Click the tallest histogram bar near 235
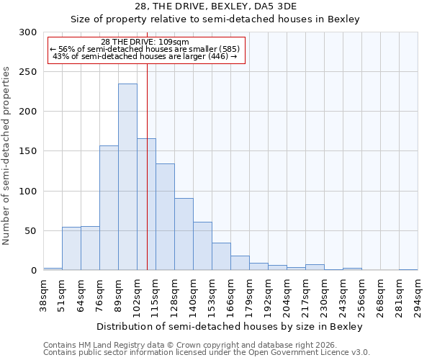click(127, 177)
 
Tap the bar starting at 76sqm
click(109, 208)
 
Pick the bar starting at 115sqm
click(165, 217)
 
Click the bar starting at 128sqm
click(184, 234)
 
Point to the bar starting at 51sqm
click(71, 248)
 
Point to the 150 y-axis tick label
click(27, 151)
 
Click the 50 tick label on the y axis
click(30, 231)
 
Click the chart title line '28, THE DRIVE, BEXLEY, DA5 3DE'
click(215, 6)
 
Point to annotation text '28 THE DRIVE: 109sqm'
click(145, 42)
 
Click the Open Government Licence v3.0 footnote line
click(207, 353)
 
